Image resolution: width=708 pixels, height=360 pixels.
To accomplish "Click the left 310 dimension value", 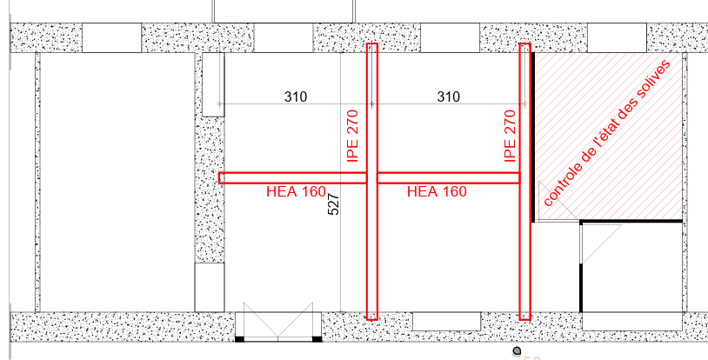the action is pyautogui.click(x=296, y=97).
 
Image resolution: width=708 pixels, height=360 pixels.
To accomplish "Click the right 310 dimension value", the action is pyautogui.click(x=449, y=97).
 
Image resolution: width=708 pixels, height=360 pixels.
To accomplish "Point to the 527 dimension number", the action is pyautogui.click(x=333, y=204).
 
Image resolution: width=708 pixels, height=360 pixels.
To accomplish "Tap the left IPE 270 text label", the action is pyautogui.click(x=352, y=136).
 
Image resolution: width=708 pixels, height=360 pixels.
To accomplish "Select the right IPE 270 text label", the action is pyautogui.click(x=510, y=136).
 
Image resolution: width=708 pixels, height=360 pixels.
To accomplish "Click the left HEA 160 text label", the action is pyautogui.click(x=296, y=191).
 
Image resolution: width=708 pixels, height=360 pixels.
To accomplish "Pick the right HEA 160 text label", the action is pyautogui.click(x=437, y=191).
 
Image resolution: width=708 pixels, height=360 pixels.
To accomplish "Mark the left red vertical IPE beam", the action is pyautogui.click(x=371, y=182).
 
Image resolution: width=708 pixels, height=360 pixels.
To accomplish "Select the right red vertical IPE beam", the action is pyautogui.click(x=524, y=182).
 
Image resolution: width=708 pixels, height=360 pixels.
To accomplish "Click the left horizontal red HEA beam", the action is pyautogui.click(x=292, y=178).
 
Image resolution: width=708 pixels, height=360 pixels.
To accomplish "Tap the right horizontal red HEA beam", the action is pyautogui.click(x=448, y=178).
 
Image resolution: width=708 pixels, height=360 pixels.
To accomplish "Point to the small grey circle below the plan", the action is pyautogui.click(x=517, y=351).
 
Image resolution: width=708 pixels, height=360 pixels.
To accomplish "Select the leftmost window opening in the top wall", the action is pyautogui.click(x=111, y=38).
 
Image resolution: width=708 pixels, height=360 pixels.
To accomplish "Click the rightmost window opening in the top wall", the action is pyautogui.click(x=617, y=38).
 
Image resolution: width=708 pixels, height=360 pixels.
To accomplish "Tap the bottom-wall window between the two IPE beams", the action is pyautogui.click(x=446, y=321).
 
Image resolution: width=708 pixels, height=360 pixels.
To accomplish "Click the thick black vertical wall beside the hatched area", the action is pyautogui.click(x=533, y=137).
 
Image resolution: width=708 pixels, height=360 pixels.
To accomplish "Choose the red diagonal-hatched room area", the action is pyautogui.click(x=608, y=137).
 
